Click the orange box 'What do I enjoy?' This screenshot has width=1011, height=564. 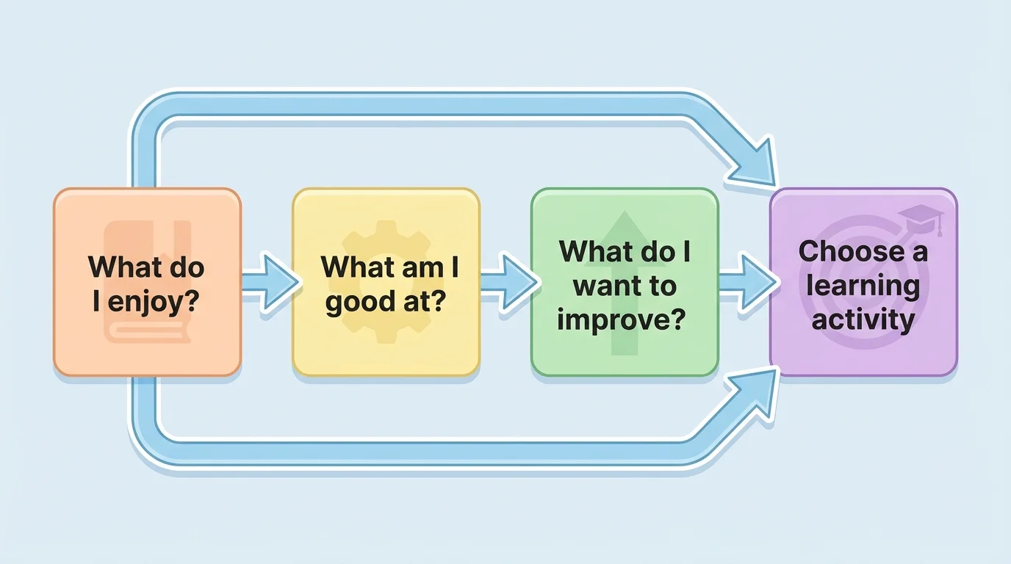point(147,282)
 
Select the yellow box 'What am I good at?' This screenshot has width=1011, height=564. point(386,282)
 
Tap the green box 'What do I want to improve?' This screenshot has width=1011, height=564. point(624,282)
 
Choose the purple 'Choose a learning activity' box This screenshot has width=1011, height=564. point(863,282)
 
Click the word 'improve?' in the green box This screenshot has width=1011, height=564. point(624,319)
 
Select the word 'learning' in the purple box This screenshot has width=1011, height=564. point(863,285)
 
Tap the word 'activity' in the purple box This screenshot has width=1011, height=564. point(863,319)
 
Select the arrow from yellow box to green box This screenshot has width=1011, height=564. point(508,282)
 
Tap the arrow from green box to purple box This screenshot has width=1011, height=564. point(746,282)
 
